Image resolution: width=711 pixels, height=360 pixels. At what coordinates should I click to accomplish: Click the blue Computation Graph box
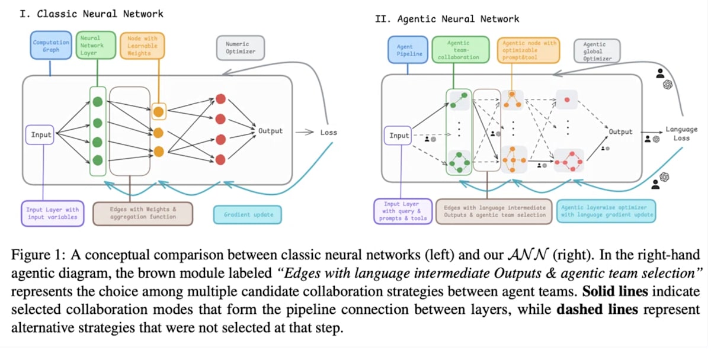point(51,46)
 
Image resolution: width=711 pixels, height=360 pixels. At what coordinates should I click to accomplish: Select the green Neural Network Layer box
point(96,45)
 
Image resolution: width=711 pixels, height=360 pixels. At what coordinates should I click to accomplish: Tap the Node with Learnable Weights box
point(143,46)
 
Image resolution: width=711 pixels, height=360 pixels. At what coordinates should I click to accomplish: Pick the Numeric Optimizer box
point(241,48)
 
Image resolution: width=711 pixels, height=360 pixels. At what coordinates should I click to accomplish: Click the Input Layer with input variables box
point(53,213)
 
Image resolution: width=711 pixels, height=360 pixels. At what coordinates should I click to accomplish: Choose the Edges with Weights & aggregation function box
point(143,213)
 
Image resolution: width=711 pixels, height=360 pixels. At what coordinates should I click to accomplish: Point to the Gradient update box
point(248,215)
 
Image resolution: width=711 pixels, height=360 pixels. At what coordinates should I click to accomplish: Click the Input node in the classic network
point(40,135)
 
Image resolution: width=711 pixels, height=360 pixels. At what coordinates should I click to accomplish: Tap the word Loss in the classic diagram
point(328,133)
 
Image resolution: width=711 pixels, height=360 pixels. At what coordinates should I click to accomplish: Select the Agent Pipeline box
point(408,50)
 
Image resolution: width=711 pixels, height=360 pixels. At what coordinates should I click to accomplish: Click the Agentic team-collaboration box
point(460,50)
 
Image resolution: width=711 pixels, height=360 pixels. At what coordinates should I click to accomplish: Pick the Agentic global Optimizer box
point(597,51)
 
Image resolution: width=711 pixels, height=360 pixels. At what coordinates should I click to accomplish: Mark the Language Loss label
point(681,134)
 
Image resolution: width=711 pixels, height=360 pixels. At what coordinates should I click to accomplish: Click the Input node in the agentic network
point(398,136)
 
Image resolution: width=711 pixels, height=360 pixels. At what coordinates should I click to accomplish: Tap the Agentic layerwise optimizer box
point(607,211)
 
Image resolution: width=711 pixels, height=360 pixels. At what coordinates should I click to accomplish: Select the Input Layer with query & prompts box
point(403,211)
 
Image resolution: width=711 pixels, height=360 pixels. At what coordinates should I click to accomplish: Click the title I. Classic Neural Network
point(91,14)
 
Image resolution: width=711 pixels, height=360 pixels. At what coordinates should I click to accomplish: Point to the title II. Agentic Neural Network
point(447,19)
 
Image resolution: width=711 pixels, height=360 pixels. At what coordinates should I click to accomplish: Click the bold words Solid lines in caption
point(615,291)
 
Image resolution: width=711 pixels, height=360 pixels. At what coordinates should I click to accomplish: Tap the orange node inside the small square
point(158,112)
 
